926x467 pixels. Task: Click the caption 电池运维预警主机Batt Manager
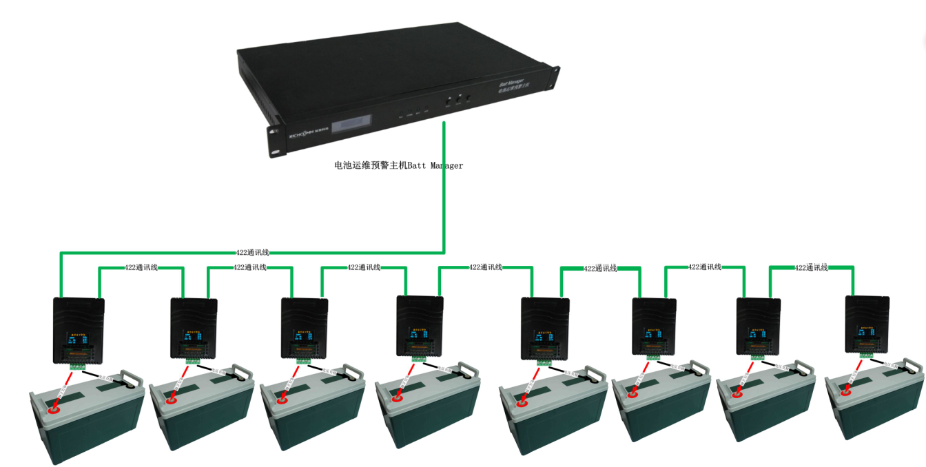pyautogui.click(x=398, y=165)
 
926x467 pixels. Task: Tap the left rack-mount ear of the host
pyautogui.click(x=274, y=142)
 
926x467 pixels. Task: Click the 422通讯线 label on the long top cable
pyautogui.click(x=252, y=253)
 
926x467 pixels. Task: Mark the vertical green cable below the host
pyautogui.click(x=444, y=186)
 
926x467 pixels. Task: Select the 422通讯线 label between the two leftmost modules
pyautogui.click(x=141, y=267)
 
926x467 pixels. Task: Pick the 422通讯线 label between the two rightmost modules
pyautogui.click(x=811, y=267)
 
